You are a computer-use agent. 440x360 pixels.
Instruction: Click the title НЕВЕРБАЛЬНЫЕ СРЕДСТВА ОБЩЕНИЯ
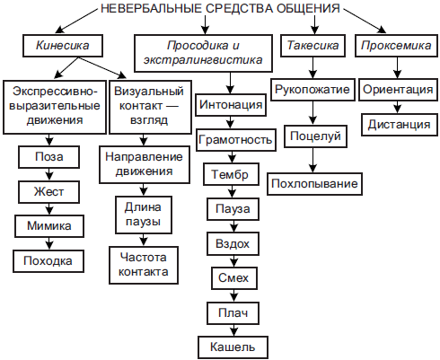(x=220, y=10)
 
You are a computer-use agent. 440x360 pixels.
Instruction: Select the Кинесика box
(x=61, y=44)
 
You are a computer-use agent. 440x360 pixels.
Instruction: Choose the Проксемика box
(x=394, y=44)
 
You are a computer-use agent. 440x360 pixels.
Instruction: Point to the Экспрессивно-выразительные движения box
(x=55, y=106)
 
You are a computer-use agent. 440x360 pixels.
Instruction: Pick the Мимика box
(x=48, y=225)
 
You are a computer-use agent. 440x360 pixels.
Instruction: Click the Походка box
(x=48, y=259)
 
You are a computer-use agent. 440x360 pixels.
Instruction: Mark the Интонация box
(x=232, y=105)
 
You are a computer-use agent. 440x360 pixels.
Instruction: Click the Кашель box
(x=232, y=346)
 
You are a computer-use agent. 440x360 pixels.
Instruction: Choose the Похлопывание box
(x=313, y=184)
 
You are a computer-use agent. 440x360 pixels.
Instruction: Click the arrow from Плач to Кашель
(x=232, y=329)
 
